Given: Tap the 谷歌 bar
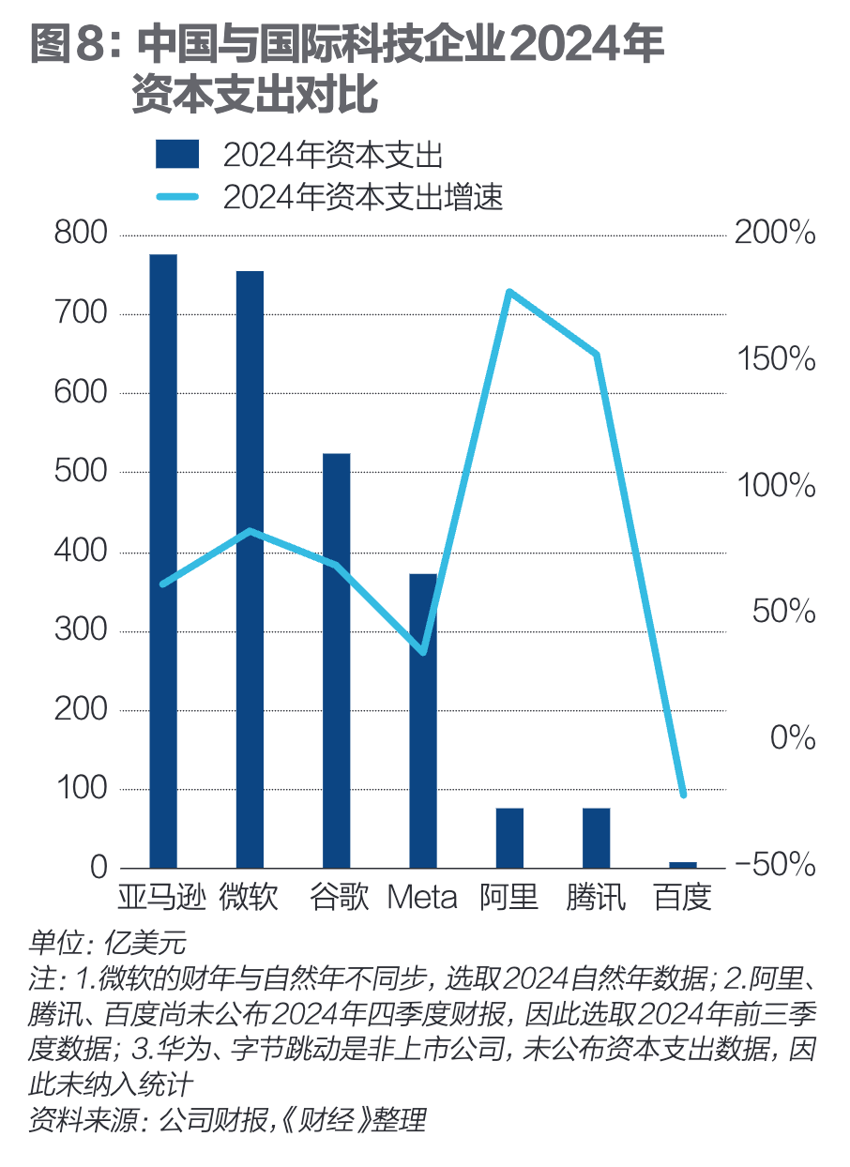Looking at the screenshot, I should (x=336, y=660).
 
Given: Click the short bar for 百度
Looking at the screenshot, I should (x=683, y=864).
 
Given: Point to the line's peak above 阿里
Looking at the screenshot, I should (x=509, y=292).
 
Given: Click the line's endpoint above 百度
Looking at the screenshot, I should (x=683, y=795).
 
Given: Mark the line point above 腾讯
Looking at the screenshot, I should (x=596, y=354).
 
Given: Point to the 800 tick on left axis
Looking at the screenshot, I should (x=82, y=234).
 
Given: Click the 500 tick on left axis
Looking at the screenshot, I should (x=82, y=472).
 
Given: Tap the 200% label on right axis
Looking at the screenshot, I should (x=775, y=234).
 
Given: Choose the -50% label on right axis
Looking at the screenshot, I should (x=775, y=865).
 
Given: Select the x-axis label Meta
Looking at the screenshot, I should (x=422, y=898).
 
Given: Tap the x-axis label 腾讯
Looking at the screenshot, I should (x=596, y=898).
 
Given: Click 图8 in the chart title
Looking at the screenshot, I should (x=70, y=45).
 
